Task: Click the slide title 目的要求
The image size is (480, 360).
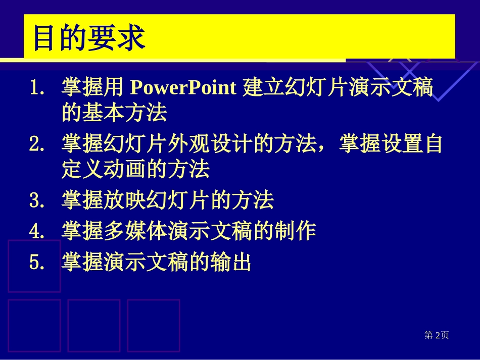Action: [89, 39]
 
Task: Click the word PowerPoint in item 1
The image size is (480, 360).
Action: [183, 88]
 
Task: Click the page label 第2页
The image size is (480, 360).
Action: [436, 335]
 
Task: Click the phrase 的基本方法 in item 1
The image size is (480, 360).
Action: [114, 114]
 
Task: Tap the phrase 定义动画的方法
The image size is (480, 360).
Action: [135, 170]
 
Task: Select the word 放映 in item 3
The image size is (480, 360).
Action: [135, 200]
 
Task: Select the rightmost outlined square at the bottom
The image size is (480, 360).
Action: [154, 325]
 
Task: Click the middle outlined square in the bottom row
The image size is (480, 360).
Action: [94, 325]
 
